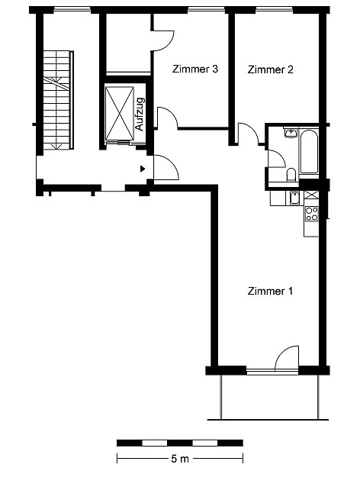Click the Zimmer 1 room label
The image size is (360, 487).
(x=270, y=291)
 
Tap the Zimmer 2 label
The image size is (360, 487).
(x=270, y=69)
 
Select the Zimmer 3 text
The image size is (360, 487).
(x=195, y=69)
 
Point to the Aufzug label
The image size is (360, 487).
(x=140, y=114)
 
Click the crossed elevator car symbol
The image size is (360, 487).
(x=120, y=114)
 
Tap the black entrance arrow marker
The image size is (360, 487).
(x=143, y=169)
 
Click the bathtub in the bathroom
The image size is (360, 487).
(x=309, y=152)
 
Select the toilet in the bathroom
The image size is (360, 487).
(x=291, y=175)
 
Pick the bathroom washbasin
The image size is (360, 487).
(x=291, y=134)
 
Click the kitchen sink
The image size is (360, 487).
(x=294, y=198)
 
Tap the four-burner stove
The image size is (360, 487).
(x=312, y=214)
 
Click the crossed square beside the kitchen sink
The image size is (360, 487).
(x=312, y=195)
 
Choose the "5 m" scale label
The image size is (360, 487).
(x=180, y=459)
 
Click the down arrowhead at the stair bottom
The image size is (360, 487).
(x=57, y=146)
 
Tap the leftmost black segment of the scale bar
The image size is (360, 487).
(x=130, y=443)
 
